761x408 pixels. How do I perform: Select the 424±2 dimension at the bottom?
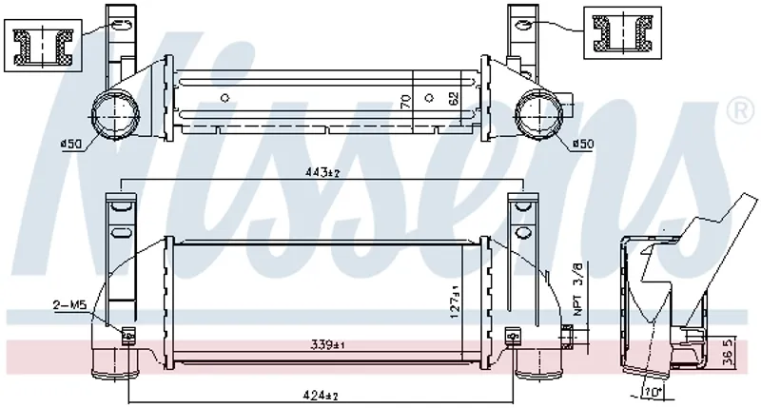point(322,396)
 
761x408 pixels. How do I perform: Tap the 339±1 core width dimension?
point(327,345)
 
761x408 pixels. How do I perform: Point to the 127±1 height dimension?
point(455,301)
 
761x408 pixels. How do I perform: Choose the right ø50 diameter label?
point(582,145)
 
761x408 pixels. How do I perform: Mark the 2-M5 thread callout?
point(69,305)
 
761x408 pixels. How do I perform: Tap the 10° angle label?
point(653,392)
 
